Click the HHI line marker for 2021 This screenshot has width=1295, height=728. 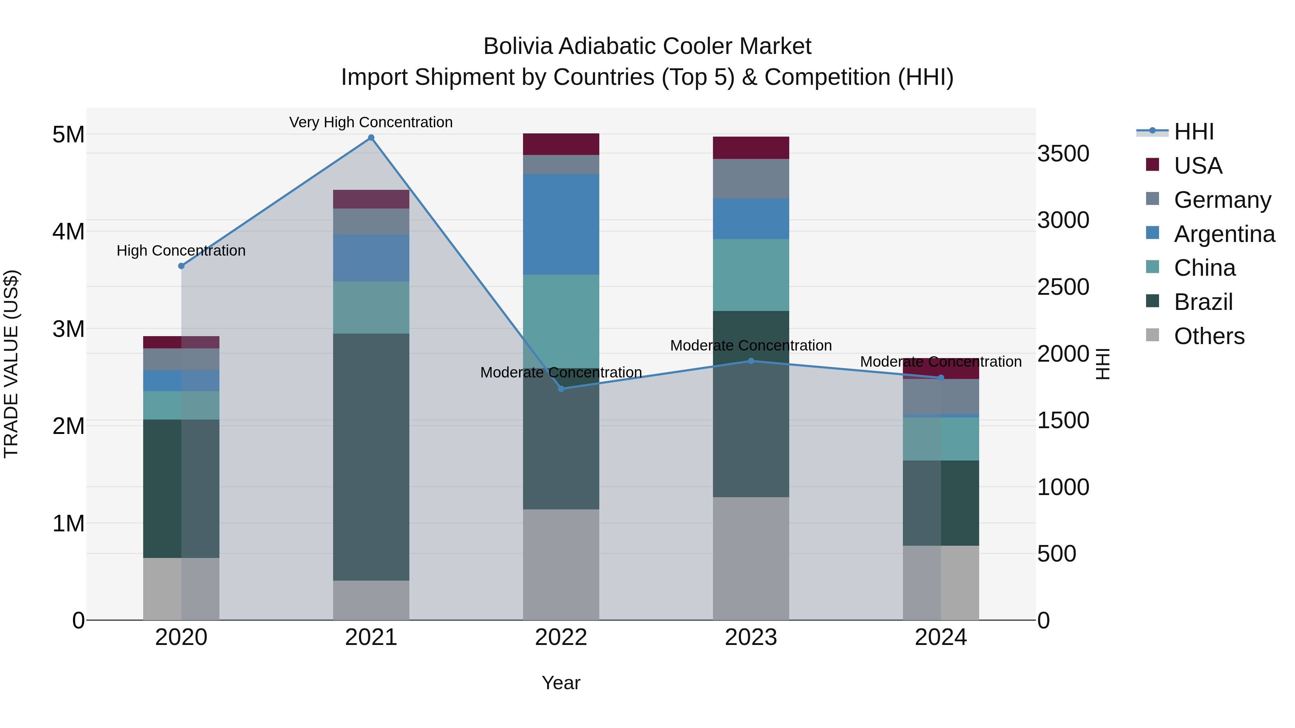(371, 138)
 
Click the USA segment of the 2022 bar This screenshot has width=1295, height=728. (561, 144)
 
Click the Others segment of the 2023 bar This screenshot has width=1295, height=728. (751, 558)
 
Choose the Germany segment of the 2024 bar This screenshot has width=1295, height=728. (941, 397)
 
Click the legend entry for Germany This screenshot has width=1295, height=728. (1222, 200)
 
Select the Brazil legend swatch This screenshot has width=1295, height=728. (1152, 302)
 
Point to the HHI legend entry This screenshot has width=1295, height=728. (1194, 132)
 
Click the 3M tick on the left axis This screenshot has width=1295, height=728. (69, 329)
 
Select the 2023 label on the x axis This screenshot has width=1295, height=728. (751, 637)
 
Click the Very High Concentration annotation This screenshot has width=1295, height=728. (371, 122)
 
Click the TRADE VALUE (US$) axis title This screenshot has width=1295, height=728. (12, 364)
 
